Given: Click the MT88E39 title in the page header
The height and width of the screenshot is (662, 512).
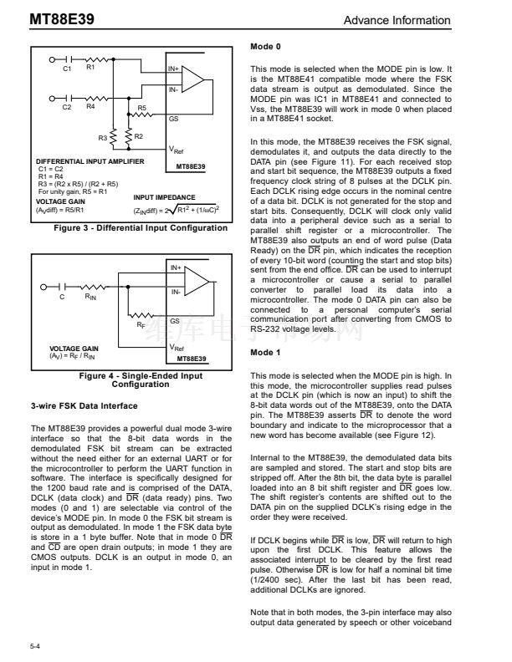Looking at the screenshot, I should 38,19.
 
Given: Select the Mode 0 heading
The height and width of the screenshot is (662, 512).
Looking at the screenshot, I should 266,47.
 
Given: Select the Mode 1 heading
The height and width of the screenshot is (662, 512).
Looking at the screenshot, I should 266,354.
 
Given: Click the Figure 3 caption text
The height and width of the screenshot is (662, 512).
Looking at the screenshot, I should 140,227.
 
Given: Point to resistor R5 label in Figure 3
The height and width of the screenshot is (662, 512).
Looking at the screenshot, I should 141,108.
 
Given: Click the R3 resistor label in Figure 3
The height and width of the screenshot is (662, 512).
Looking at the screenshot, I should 104,136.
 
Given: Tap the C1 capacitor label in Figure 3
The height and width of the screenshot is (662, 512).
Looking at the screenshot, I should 67,69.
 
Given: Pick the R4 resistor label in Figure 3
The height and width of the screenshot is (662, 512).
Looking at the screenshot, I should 90,106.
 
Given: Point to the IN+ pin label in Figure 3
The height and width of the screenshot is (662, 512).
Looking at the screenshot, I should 174,69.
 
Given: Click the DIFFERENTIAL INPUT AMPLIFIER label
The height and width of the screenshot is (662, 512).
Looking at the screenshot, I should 90,160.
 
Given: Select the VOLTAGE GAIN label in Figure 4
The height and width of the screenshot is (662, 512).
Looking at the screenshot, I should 74,349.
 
